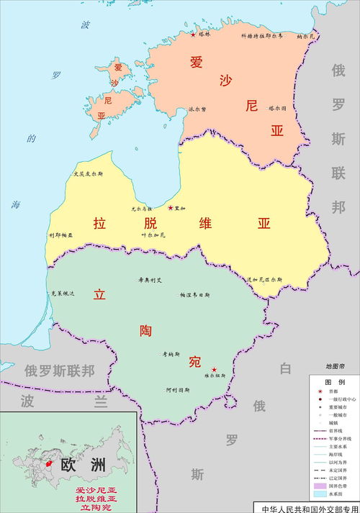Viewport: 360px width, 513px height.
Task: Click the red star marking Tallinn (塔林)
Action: pos(193,34)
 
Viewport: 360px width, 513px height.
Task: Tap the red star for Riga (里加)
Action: pos(170,208)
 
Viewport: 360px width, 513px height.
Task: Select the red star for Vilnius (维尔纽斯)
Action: pos(213,370)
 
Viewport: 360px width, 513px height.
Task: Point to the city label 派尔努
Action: pos(197,109)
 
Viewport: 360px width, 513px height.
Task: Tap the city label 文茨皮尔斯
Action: pos(89,174)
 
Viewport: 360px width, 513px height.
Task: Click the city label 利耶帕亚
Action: pos(61,235)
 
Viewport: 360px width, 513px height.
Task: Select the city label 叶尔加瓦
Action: pos(153,235)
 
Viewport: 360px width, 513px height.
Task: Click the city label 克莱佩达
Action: pos(63,294)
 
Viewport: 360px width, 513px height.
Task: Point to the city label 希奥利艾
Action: pos(150,281)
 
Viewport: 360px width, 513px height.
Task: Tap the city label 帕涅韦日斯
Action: pos(195,295)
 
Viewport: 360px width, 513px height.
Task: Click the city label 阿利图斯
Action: pos(176,390)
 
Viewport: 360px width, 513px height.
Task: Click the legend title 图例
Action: pos(333,381)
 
